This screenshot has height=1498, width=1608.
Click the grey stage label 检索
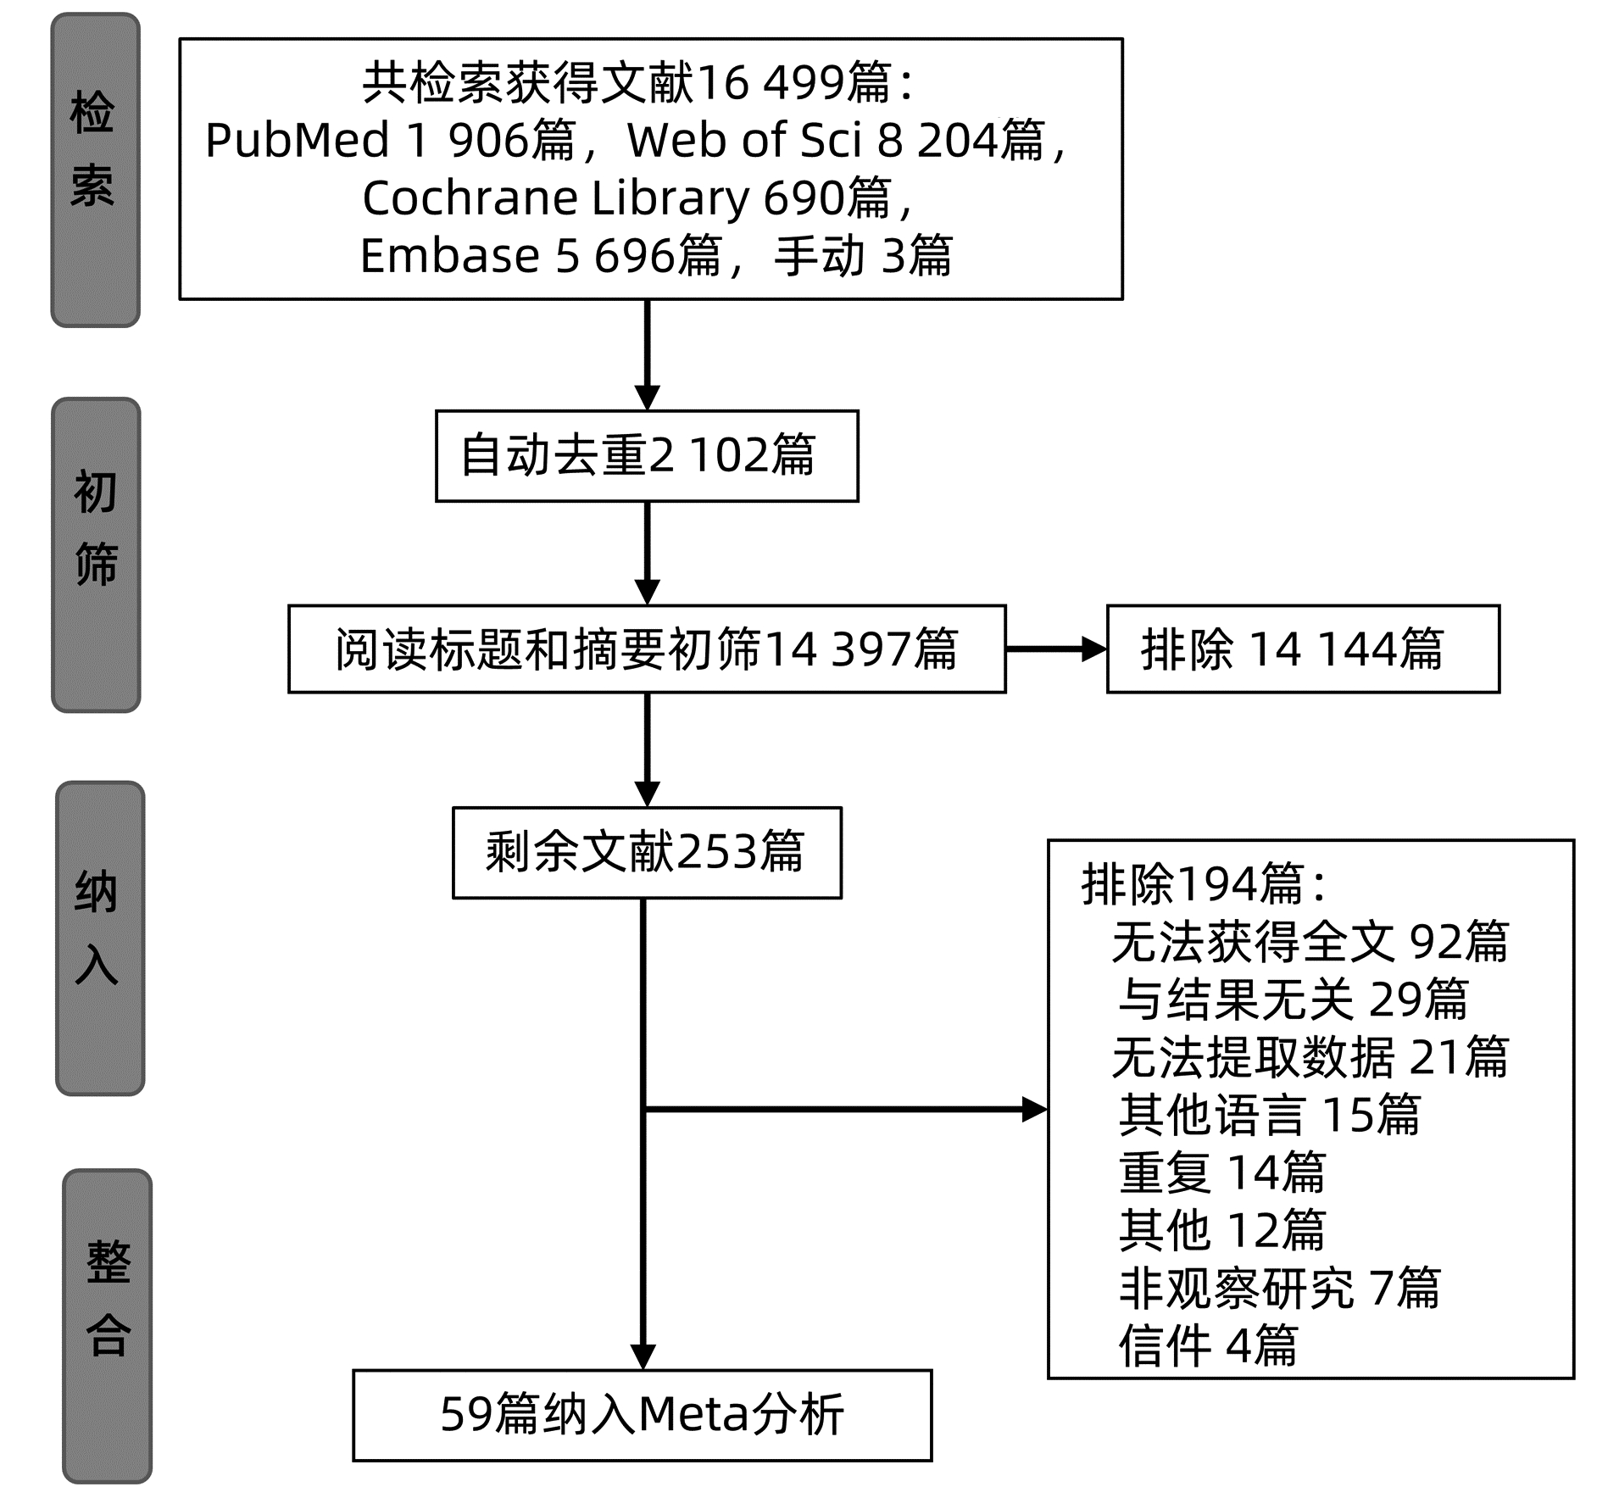[x=95, y=170]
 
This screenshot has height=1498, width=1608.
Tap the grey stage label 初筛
[x=96, y=554]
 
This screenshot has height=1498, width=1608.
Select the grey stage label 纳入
[x=99, y=938]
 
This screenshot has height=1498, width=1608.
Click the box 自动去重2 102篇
[x=647, y=456]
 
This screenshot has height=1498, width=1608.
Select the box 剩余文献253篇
[x=647, y=852]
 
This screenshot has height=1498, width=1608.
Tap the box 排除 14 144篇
[x=1302, y=649]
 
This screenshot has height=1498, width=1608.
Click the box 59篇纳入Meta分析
[x=642, y=1415]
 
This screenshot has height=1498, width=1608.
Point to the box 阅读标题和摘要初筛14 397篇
[x=647, y=649]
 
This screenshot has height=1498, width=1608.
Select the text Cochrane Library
[x=555, y=198]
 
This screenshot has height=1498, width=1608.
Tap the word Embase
[x=449, y=255]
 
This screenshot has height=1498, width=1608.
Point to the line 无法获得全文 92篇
[x=1310, y=942]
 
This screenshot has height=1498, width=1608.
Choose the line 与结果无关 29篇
[x=1293, y=999]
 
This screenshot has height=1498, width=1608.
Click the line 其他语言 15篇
[x=1269, y=1114]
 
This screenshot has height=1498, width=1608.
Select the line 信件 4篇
[x=1208, y=1345]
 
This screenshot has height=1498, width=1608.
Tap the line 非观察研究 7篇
[x=1279, y=1288]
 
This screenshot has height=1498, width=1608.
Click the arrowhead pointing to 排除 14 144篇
[x=1093, y=649]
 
